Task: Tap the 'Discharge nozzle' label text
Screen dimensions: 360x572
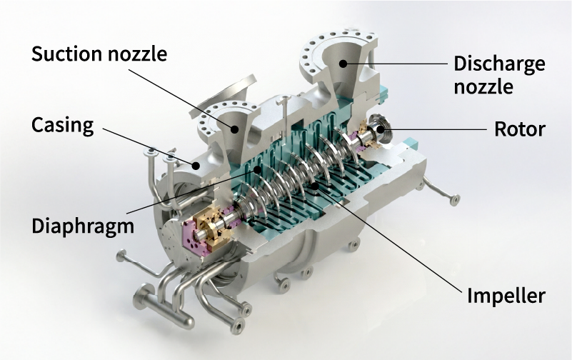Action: pyautogui.click(x=499, y=75)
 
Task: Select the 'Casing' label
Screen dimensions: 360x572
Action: pyautogui.click(x=62, y=126)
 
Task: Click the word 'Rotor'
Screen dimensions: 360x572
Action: pyautogui.click(x=520, y=129)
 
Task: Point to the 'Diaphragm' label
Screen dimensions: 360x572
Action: pyautogui.click(x=82, y=226)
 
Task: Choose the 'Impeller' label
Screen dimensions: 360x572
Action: pyautogui.click(x=506, y=294)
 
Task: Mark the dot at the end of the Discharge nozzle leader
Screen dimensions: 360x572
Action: pyautogui.click(x=343, y=64)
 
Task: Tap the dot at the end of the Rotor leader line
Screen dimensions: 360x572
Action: pyautogui.click(x=381, y=129)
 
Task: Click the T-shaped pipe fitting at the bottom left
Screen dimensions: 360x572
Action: pyautogui.click(x=146, y=296)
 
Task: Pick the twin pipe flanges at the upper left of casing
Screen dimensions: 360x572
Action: pyautogui.click(x=160, y=153)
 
